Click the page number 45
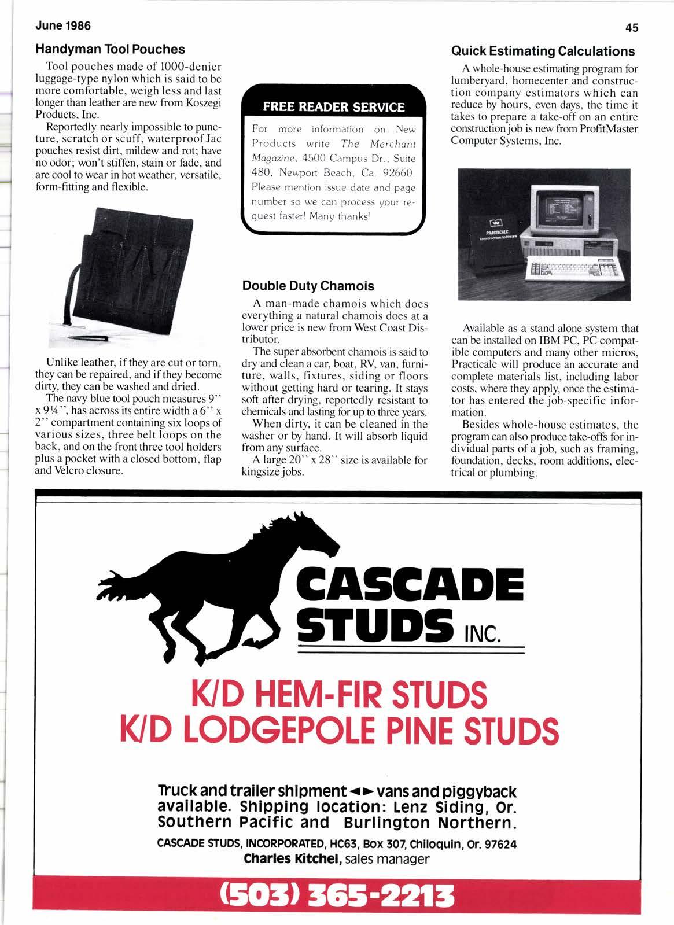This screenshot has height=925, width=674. pos(631,27)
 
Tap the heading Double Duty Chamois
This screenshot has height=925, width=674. pos(308,286)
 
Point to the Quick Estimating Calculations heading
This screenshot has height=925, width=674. pos(543,51)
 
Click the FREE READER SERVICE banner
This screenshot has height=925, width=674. pos(333,107)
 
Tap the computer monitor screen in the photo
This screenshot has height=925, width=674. pos(559,203)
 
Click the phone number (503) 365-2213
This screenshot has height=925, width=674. pos(337,894)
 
